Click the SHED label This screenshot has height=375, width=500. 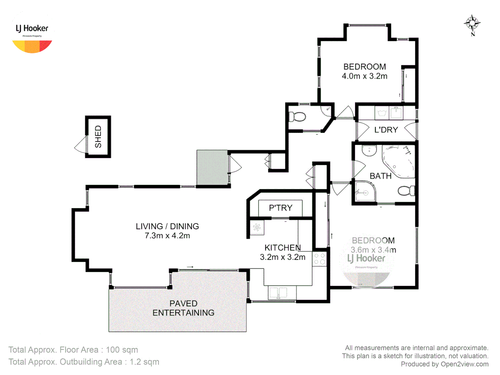click(x=98, y=137)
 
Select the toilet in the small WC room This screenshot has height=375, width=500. click(x=297, y=117)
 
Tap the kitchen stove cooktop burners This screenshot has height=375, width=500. click(x=319, y=259)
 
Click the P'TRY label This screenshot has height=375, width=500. click(x=281, y=208)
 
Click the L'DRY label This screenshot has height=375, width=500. click(x=386, y=130)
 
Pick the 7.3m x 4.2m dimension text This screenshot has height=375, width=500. click(x=167, y=236)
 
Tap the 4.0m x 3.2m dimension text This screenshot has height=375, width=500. click(x=365, y=76)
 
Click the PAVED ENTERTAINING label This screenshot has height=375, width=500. click(x=183, y=308)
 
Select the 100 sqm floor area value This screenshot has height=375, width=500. click(x=122, y=350)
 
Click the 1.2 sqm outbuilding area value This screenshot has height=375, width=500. click(x=144, y=362)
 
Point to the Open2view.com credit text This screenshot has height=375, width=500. click(x=465, y=364)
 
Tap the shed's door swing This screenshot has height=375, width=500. click(x=81, y=145)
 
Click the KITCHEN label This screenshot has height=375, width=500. click(x=283, y=248)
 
